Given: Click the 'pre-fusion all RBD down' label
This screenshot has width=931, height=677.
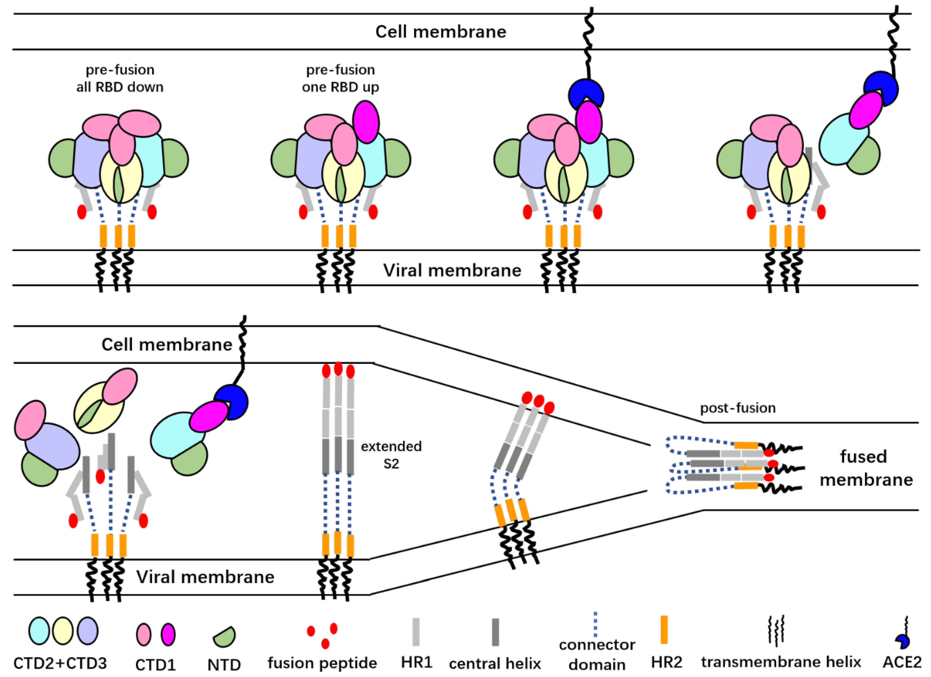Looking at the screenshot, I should coord(120,78).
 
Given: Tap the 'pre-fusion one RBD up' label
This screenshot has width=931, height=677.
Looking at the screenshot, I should coord(340,78).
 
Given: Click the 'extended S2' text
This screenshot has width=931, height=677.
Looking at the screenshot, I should coord(391,455).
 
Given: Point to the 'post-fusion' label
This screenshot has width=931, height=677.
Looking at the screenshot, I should coord(738,408).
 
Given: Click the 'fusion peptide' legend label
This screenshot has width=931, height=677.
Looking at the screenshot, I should coord(322,663).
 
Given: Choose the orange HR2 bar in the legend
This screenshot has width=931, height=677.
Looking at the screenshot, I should coord(664,630).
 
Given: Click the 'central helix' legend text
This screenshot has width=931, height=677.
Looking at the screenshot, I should coord(495,664).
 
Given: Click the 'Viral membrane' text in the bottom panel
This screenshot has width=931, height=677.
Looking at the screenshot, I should coord(205,577).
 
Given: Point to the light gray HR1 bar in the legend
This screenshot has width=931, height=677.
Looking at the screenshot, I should coord(416,632).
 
